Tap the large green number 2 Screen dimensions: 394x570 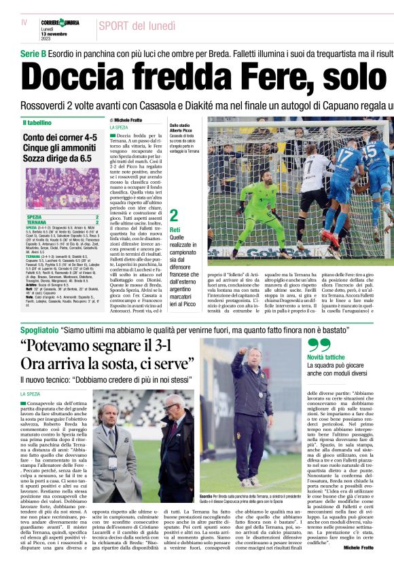pos(174,216)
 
